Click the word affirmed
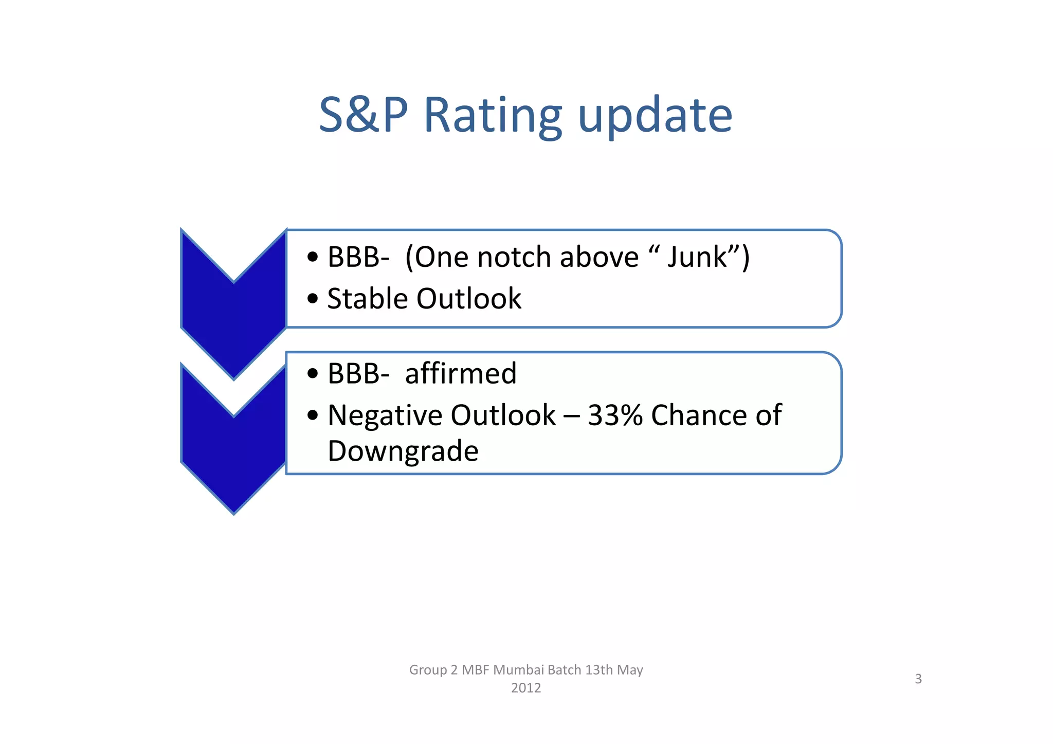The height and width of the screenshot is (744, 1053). [x=461, y=373]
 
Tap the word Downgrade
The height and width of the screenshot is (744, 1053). [x=403, y=451]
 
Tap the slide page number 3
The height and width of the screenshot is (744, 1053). [x=918, y=679]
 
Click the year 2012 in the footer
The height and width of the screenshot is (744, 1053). [x=526, y=688]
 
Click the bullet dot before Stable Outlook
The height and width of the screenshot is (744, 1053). [x=313, y=299]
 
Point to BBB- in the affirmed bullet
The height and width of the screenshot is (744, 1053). [x=358, y=373]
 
